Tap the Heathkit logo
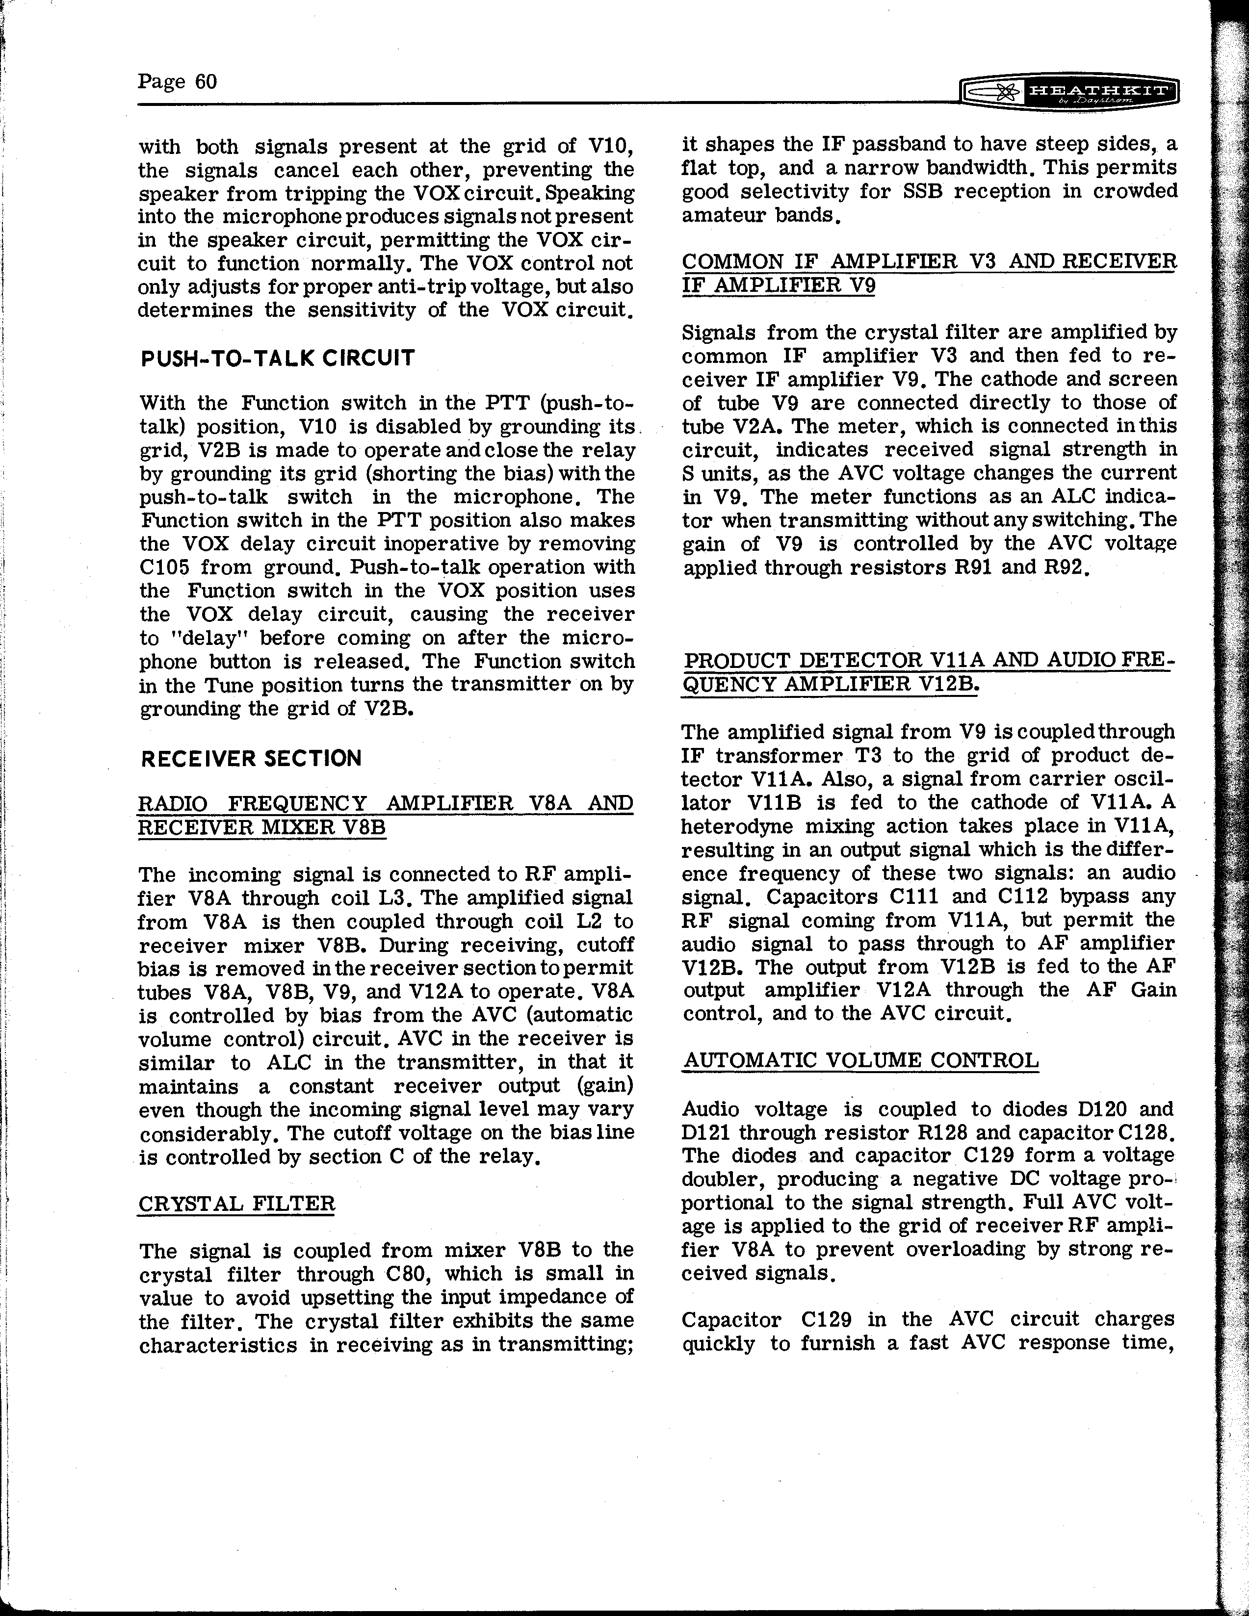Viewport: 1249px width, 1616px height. coord(1068,93)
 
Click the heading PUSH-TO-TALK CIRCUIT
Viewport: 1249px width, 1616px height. coord(278,358)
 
